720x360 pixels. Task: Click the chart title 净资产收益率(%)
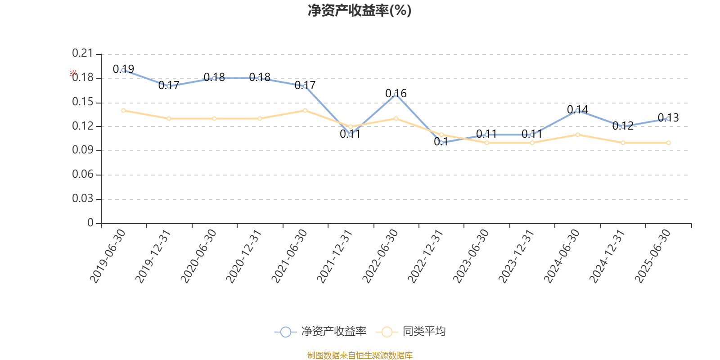point(360,10)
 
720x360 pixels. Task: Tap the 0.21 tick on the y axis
point(82,54)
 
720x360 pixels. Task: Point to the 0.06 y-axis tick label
point(82,174)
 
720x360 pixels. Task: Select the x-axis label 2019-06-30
point(108,256)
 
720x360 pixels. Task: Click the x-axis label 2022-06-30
point(381,256)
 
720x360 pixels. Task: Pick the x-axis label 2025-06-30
point(653,256)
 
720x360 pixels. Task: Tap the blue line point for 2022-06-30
point(396,94)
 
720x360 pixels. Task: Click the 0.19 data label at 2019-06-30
point(123,69)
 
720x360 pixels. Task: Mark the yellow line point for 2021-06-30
point(305,110)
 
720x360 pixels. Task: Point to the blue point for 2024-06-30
point(577,110)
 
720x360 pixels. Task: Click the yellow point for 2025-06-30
point(668,143)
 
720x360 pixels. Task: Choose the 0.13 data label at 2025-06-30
point(668,117)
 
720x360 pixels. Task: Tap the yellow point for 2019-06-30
point(123,110)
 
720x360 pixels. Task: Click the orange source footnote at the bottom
point(360,355)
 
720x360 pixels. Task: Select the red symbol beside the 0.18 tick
point(73,73)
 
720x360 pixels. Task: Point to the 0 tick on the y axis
point(90,223)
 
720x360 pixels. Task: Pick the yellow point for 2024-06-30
point(577,135)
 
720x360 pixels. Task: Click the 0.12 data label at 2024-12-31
point(623,126)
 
